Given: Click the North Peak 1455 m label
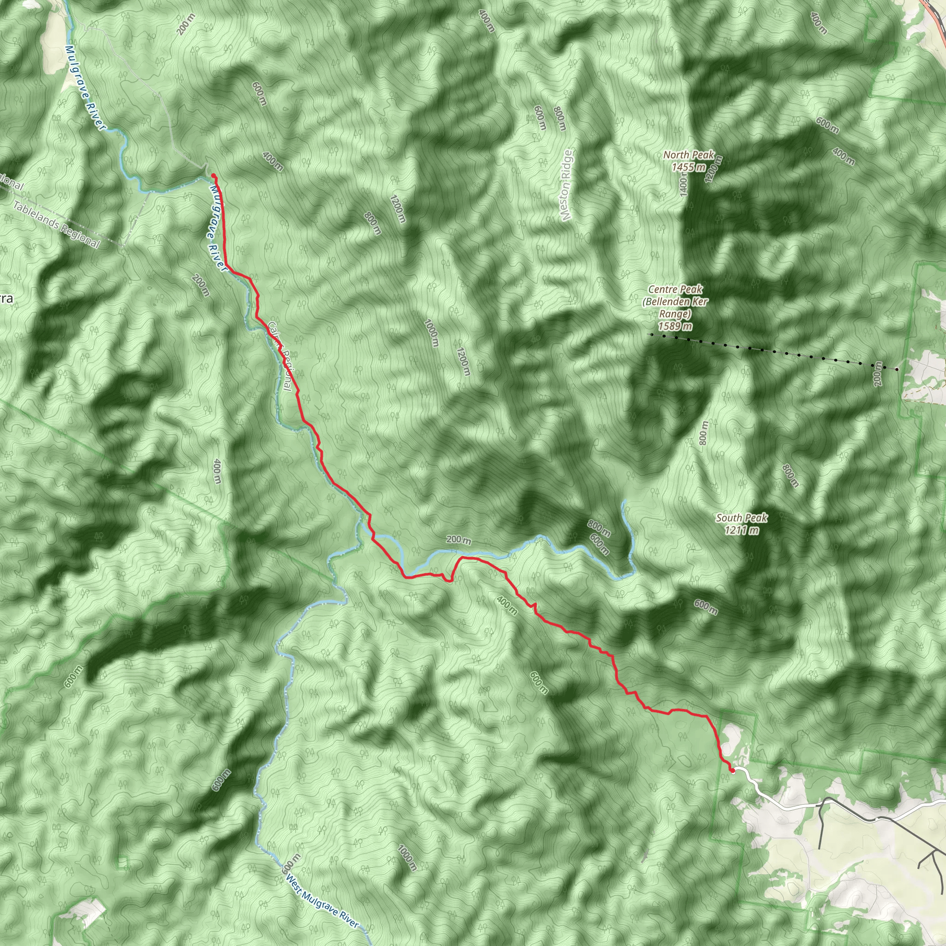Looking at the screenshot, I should [688, 161].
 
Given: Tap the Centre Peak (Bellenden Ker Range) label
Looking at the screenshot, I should [675, 301].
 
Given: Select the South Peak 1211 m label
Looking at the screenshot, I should [741, 523].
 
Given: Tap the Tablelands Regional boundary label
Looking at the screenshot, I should [56, 224].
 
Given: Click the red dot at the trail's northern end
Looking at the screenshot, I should [213, 175].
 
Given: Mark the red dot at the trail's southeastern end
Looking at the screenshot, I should [732, 771].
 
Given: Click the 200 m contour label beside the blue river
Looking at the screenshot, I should [458, 540].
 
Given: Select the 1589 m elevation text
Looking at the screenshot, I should [675, 326].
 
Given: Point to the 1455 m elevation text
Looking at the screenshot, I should [688, 167].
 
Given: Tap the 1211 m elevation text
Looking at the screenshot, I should [742, 530].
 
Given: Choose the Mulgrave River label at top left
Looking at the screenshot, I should [84, 88].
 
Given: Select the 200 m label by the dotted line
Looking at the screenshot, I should [877, 374].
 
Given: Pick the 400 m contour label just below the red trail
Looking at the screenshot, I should [507, 605].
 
